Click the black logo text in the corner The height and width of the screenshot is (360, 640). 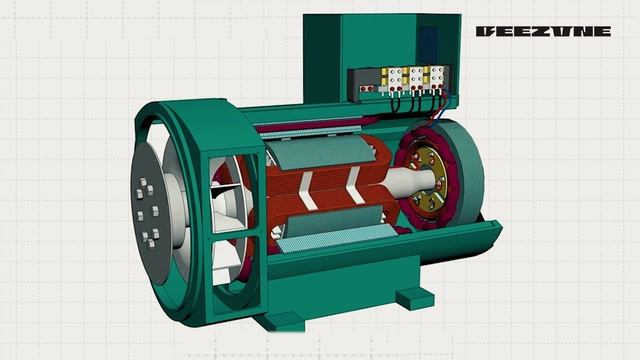tap(543, 31)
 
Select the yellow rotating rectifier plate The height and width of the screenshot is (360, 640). tap(427, 180)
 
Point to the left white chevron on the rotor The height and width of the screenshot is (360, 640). tap(307, 190)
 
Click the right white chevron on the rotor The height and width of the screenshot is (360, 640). tap(353, 185)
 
